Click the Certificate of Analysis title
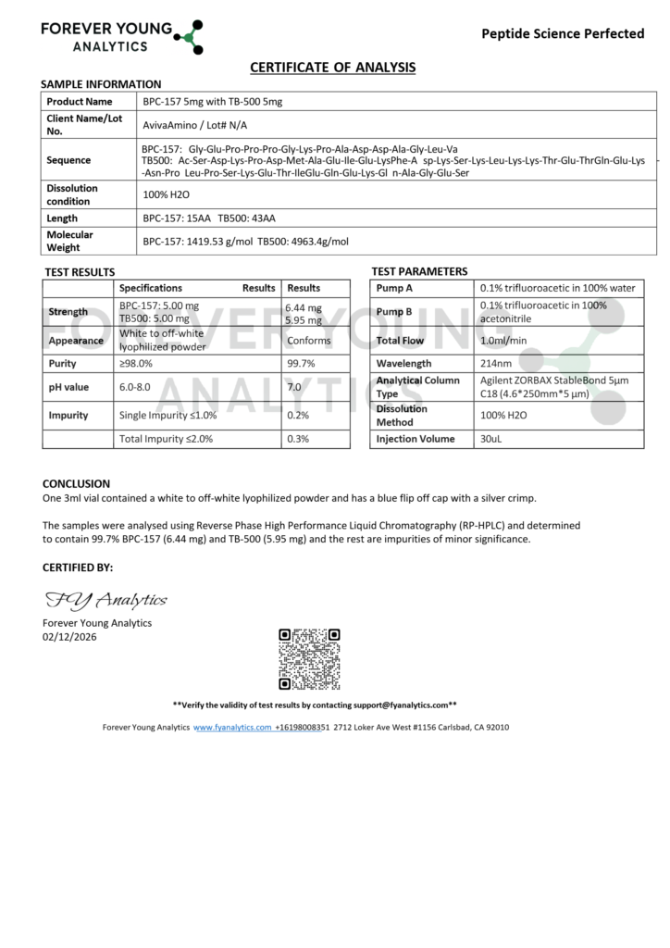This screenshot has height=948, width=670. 333,68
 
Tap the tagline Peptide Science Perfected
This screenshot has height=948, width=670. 563,33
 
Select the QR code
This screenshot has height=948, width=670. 309,658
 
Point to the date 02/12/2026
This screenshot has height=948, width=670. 69,636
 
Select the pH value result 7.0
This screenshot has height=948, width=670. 294,387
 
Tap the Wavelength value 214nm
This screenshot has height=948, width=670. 496,364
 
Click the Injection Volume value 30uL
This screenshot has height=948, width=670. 490,439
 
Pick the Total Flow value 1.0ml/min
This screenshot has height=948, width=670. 503,341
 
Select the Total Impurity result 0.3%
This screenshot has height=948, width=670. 298,439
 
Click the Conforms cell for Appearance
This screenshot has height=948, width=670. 308,341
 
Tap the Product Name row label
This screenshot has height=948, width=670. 80,101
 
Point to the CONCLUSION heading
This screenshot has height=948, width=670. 76,483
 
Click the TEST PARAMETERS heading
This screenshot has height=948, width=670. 419,271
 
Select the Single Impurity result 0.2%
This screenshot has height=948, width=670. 298,416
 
